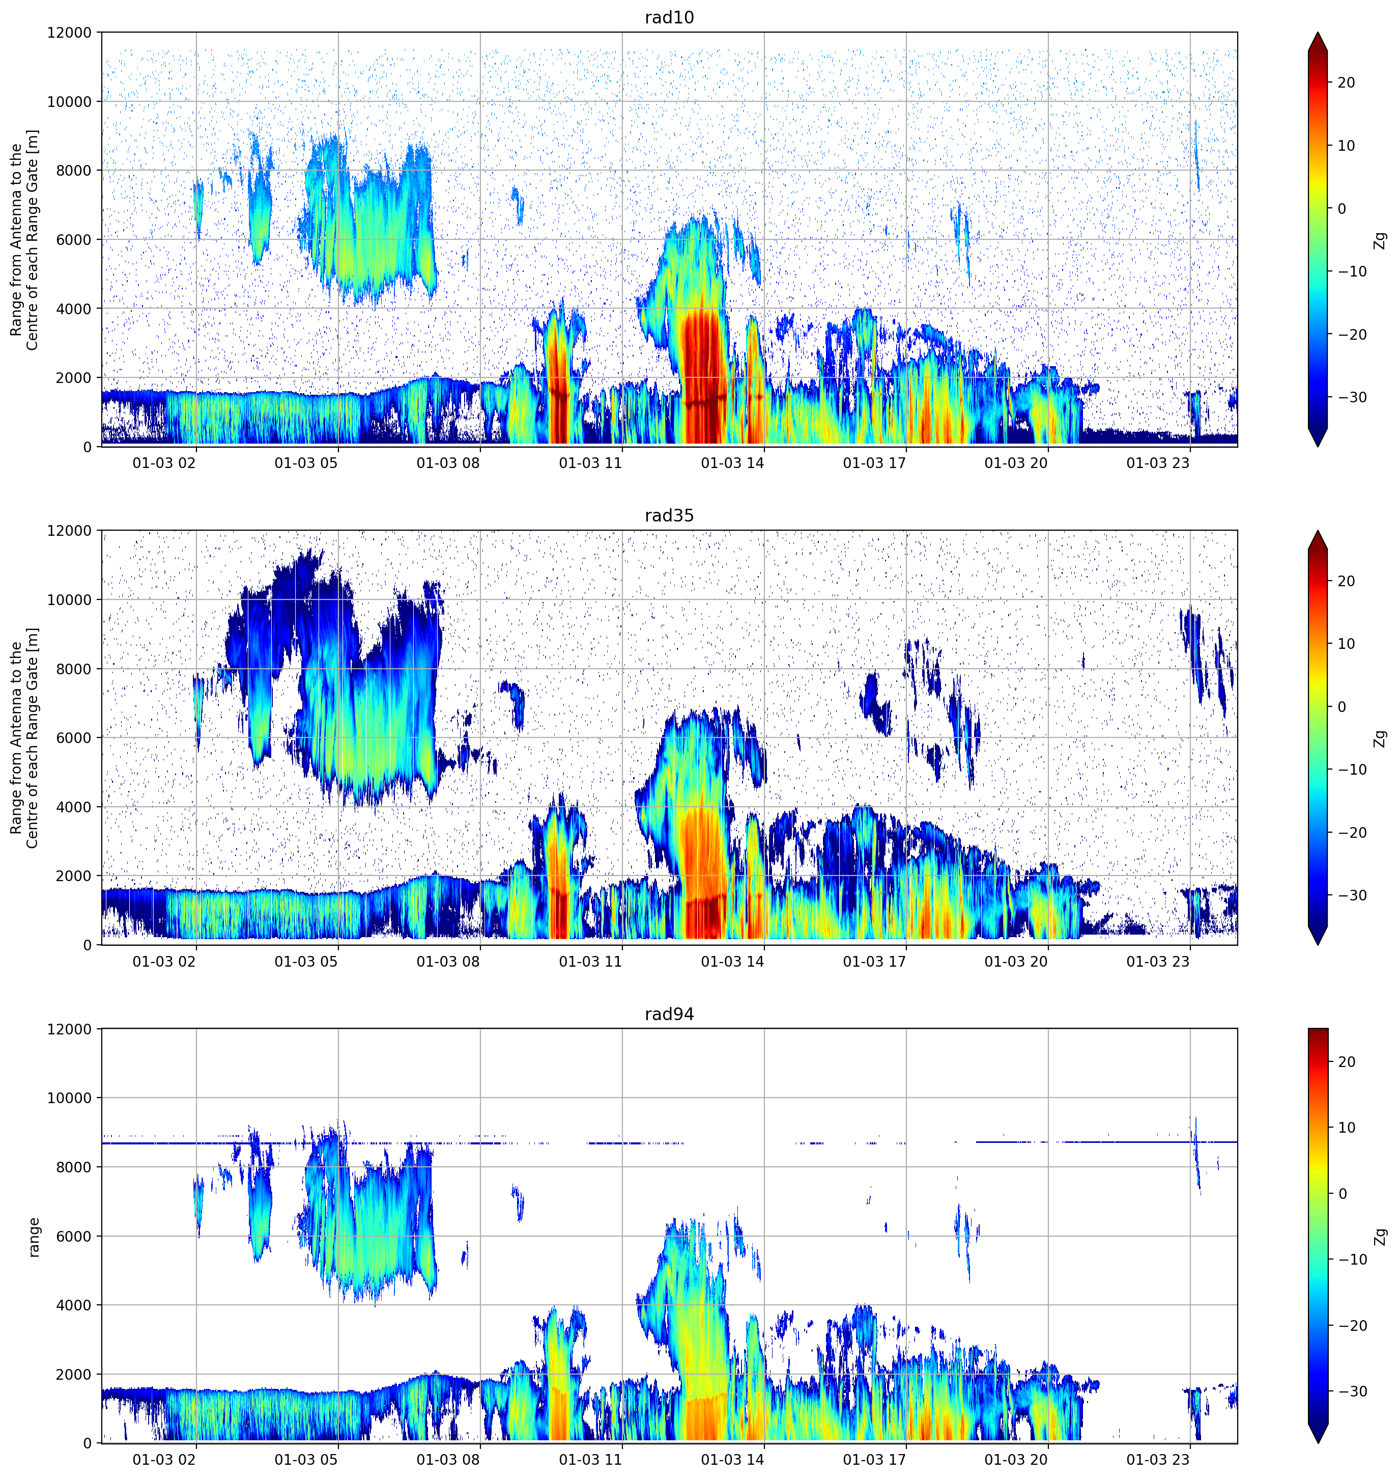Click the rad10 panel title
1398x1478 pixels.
click(x=669, y=17)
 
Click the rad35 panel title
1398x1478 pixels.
click(x=669, y=515)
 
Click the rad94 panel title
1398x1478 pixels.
click(x=669, y=1014)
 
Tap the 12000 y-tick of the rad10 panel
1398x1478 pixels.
click(x=69, y=33)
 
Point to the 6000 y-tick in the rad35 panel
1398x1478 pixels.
click(x=74, y=737)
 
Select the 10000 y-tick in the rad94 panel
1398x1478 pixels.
click(x=69, y=1098)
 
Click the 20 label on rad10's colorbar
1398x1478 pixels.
click(x=1346, y=83)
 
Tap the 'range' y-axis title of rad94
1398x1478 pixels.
click(x=34, y=1237)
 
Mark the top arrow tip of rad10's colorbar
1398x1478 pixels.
click(x=1318, y=33)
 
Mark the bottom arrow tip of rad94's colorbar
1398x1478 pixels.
click(x=1318, y=1443)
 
